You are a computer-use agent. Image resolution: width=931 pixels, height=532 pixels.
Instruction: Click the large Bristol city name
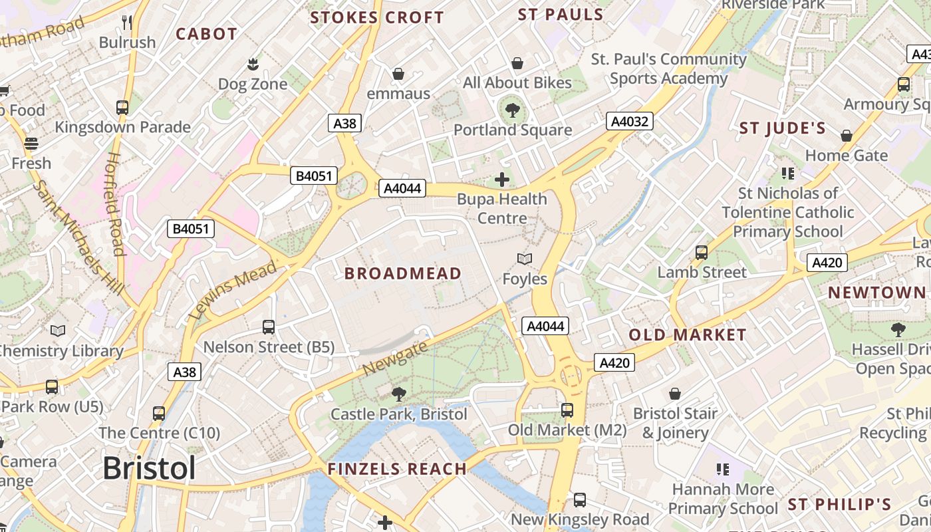point(149,468)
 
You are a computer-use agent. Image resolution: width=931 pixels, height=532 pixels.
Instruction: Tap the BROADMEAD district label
point(402,273)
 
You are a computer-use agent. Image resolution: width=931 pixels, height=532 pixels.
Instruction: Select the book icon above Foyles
point(525,259)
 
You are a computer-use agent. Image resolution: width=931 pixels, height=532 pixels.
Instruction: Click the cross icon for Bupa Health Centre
point(502,179)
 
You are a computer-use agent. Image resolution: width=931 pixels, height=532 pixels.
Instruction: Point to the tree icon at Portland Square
point(512,110)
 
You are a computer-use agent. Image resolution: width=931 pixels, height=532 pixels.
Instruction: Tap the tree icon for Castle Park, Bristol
point(399,394)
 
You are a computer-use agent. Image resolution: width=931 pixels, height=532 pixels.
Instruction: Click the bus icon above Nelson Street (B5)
point(269,327)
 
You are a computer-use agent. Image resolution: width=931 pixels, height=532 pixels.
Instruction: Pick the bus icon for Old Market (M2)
point(567,410)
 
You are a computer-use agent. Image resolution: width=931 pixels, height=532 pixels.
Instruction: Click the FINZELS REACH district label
point(397,469)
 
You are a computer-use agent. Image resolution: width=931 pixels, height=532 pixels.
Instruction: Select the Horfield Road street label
point(114,203)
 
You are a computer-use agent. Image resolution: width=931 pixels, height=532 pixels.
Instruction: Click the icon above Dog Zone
point(253,65)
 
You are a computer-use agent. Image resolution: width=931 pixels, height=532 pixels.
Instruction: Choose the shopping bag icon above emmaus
point(398,73)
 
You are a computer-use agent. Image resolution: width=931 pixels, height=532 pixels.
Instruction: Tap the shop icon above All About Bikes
point(517,63)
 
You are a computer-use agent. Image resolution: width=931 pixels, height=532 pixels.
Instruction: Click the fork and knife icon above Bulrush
point(127,23)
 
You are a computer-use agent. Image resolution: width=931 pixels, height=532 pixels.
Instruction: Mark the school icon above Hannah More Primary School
point(723,469)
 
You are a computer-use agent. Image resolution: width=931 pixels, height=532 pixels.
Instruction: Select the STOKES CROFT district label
point(377,18)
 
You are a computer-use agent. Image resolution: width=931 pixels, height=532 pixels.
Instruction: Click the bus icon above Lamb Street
point(702,252)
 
